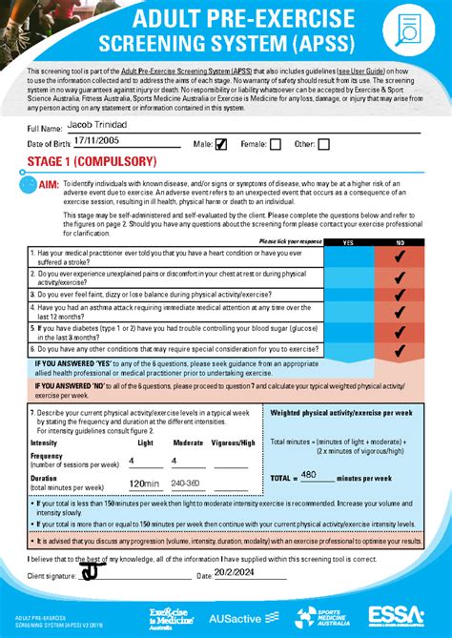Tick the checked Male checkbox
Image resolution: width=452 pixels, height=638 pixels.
click(x=221, y=145)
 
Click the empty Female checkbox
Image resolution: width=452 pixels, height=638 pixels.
click(x=276, y=145)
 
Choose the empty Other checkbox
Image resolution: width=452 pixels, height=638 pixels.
click(x=324, y=145)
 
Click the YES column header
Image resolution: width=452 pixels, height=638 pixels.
click(x=347, y=243)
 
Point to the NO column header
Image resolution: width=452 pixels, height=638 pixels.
click(x=400, y=243)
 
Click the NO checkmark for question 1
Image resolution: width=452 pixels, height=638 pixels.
click(x=400, y=257)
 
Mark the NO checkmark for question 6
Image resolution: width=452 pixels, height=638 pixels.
click(x=400, y=350)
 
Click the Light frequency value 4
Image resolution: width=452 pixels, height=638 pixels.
click(x=132, y=461)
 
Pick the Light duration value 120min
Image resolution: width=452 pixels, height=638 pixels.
click(x=144, y=484)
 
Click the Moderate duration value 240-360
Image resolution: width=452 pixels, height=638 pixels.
click(x=186, y=484)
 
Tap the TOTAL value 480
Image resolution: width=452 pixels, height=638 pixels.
click(x=309, y=474)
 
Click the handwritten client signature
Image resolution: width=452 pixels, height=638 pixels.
click(x=92, y=571)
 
